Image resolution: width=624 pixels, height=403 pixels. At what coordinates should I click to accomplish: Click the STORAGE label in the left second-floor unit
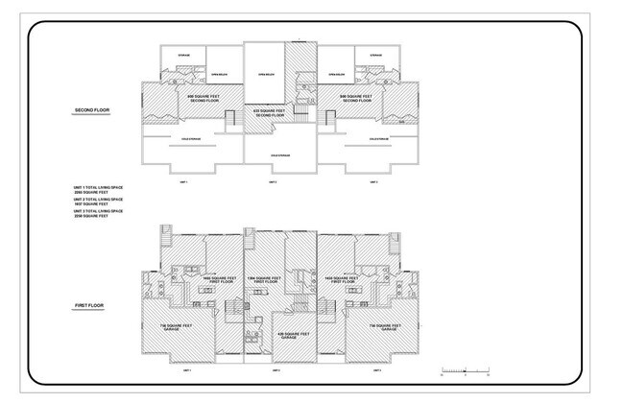184,55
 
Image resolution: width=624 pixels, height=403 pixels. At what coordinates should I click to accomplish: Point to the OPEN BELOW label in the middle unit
270,75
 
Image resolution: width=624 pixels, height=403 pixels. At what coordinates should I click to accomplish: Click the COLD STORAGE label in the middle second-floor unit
279,154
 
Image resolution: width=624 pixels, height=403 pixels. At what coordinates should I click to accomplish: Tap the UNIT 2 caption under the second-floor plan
272,179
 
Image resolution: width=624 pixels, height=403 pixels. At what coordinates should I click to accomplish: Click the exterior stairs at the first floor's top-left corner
163,235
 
